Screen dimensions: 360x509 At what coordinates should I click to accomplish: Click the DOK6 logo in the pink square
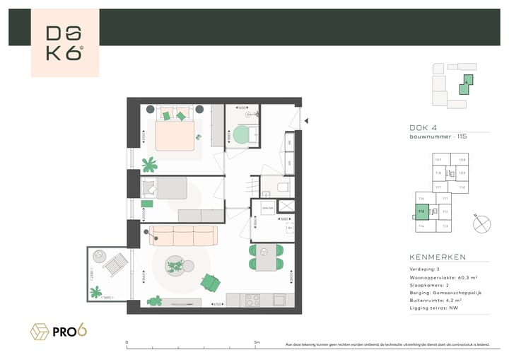tap(64, 43)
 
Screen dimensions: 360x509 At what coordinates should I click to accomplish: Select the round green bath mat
tap(245, 134)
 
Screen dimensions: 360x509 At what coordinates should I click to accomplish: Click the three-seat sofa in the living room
tap(182, 236)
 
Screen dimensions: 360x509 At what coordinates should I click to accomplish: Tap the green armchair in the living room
tap(210, 281)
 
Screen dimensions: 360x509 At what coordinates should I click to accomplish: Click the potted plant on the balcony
tap(96, 291)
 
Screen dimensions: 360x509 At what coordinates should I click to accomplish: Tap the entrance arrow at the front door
tap(307, 122)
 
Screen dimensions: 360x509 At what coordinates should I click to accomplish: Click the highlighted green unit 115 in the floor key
tap(421, 211)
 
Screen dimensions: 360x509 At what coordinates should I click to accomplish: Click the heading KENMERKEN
tap(438, 257)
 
